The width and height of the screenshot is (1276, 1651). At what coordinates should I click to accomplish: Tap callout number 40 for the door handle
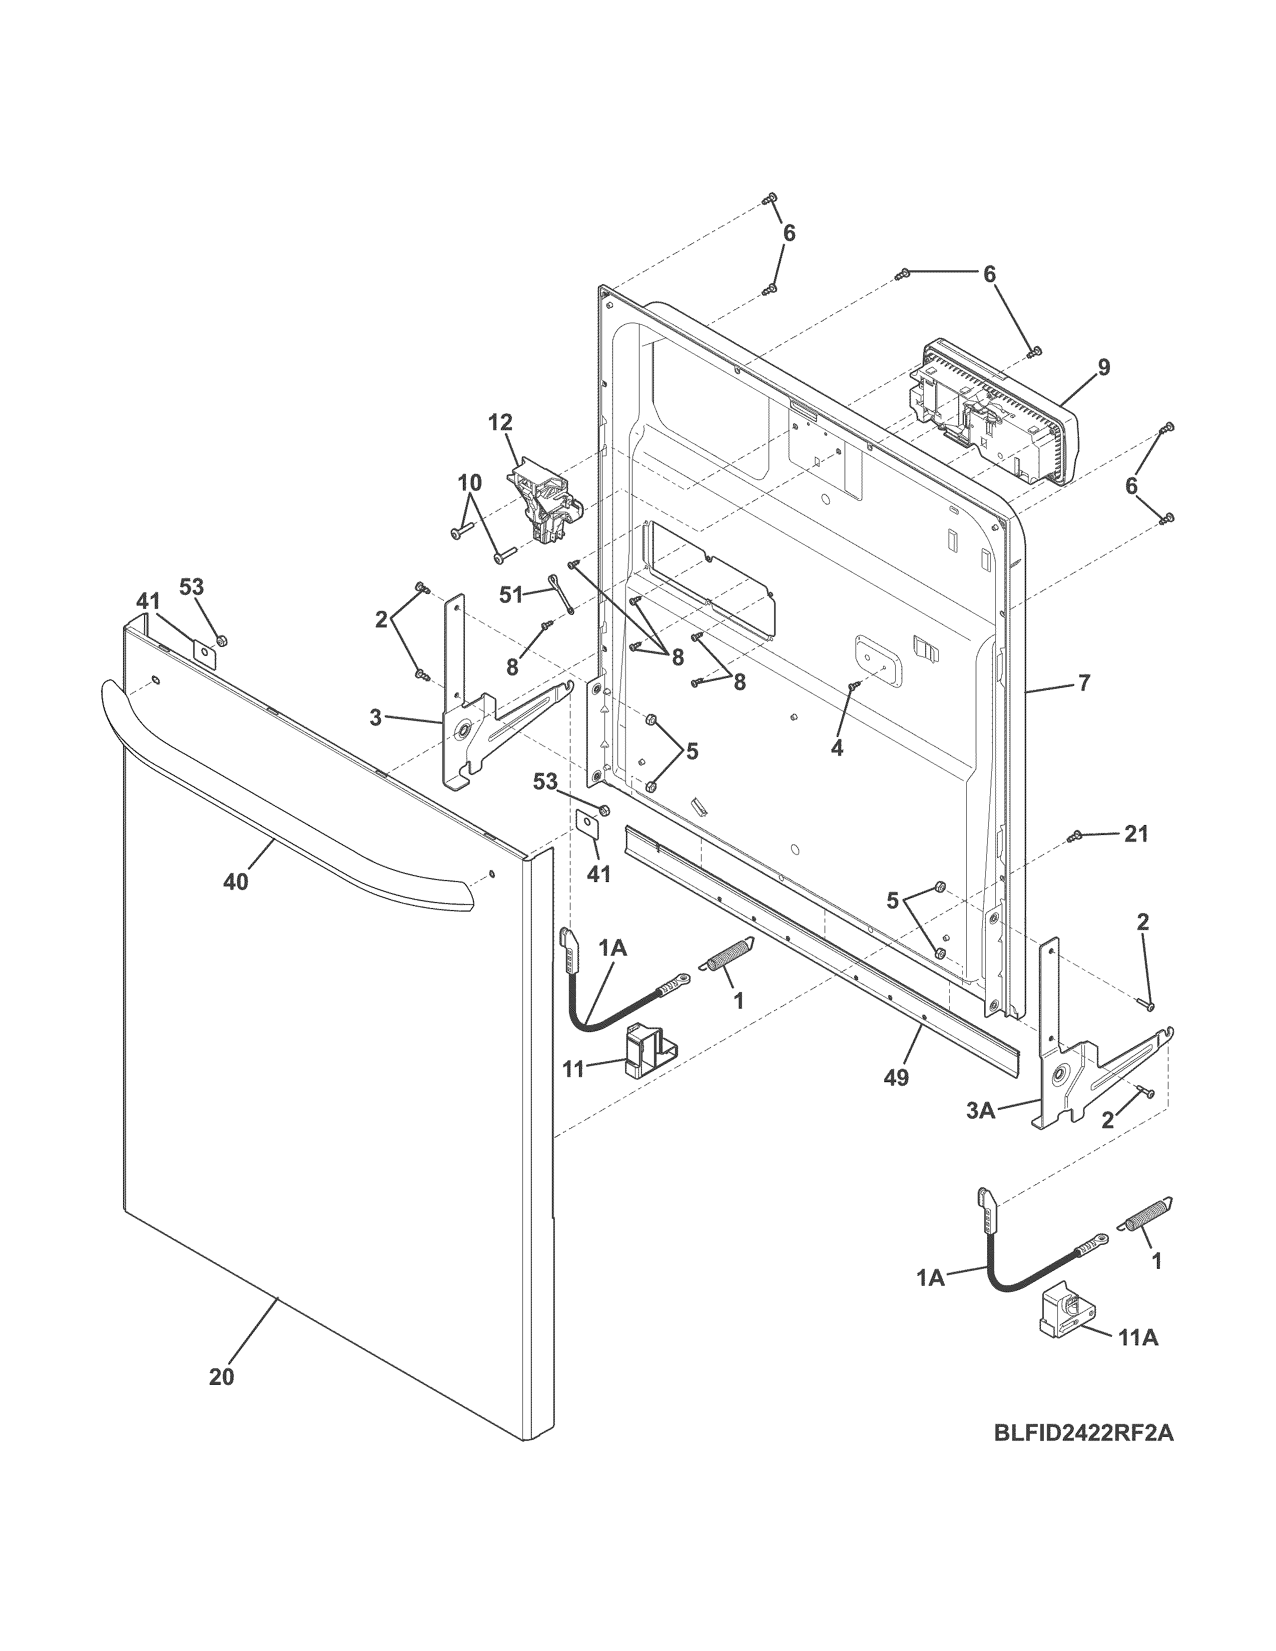point(236,882)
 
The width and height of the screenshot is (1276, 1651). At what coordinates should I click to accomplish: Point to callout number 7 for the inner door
point(1084,683)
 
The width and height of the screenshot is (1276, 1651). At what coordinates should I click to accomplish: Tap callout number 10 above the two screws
point(469,481)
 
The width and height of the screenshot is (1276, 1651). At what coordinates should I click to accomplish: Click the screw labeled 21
point(1075,836)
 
